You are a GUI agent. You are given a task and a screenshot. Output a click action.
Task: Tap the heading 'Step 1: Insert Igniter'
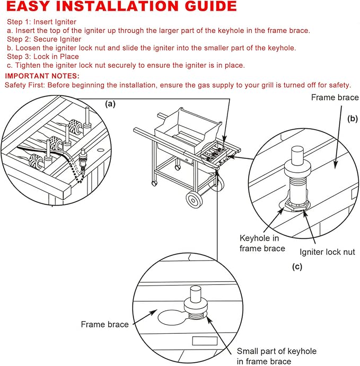[41, 22]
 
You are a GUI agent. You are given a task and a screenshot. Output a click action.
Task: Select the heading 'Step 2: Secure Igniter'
[44, 39]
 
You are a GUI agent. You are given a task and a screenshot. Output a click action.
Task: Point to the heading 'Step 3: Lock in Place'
[43, 57]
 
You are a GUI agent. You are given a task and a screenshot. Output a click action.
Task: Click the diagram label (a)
[110, 104]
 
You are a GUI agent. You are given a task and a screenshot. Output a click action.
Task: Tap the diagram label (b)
[353, 119]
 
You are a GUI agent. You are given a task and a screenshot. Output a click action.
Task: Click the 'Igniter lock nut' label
[327, 252]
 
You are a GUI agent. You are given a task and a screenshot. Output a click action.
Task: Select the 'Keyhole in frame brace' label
[262, 243]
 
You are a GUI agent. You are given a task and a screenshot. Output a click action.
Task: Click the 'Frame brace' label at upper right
[335, 97]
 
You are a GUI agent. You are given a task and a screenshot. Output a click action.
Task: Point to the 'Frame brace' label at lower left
[104, 324]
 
